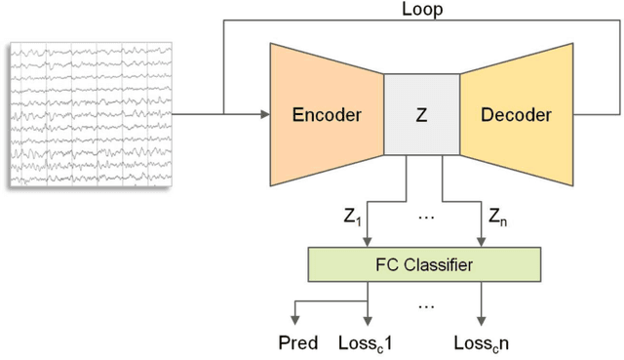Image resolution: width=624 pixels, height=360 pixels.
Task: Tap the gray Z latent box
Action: click(421, 115)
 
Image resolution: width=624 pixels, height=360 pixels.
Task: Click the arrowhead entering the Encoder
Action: click(264, 115)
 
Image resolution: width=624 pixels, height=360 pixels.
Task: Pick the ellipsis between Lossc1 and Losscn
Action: click(425, 305)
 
